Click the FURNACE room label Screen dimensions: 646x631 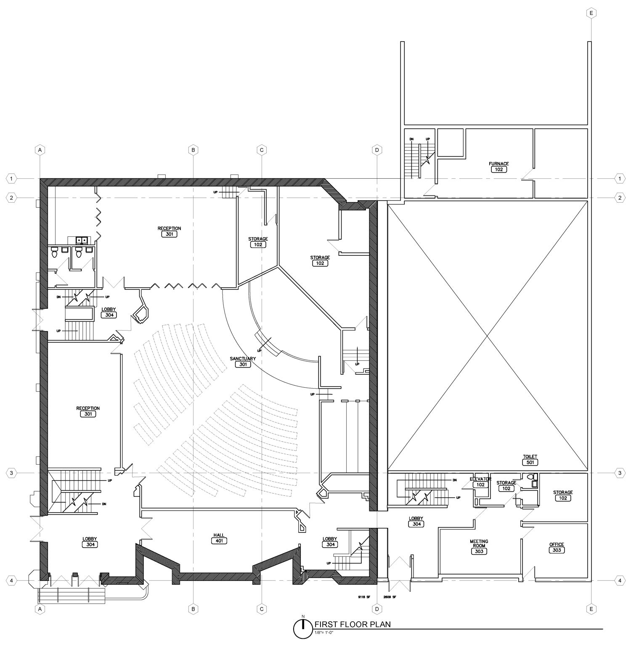(498, 164)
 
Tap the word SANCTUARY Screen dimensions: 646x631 (243, 359)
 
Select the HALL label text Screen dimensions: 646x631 (219, 535)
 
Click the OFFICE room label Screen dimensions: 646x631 (556, 545)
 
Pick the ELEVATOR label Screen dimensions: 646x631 (480, 479)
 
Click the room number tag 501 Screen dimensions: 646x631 (530, 462)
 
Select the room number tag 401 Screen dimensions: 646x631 (219, 541)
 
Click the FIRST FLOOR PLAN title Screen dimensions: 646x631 (352, 624)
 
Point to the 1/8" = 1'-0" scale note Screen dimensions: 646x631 (324, 632)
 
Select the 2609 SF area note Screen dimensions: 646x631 (390, 597)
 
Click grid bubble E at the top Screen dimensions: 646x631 (591, 13)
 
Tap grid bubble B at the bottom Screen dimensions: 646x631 (193, 609)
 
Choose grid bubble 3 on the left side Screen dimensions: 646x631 (11, 473)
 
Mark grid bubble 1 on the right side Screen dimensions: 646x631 (620, 179)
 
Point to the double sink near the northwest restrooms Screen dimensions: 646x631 (81, 240)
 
